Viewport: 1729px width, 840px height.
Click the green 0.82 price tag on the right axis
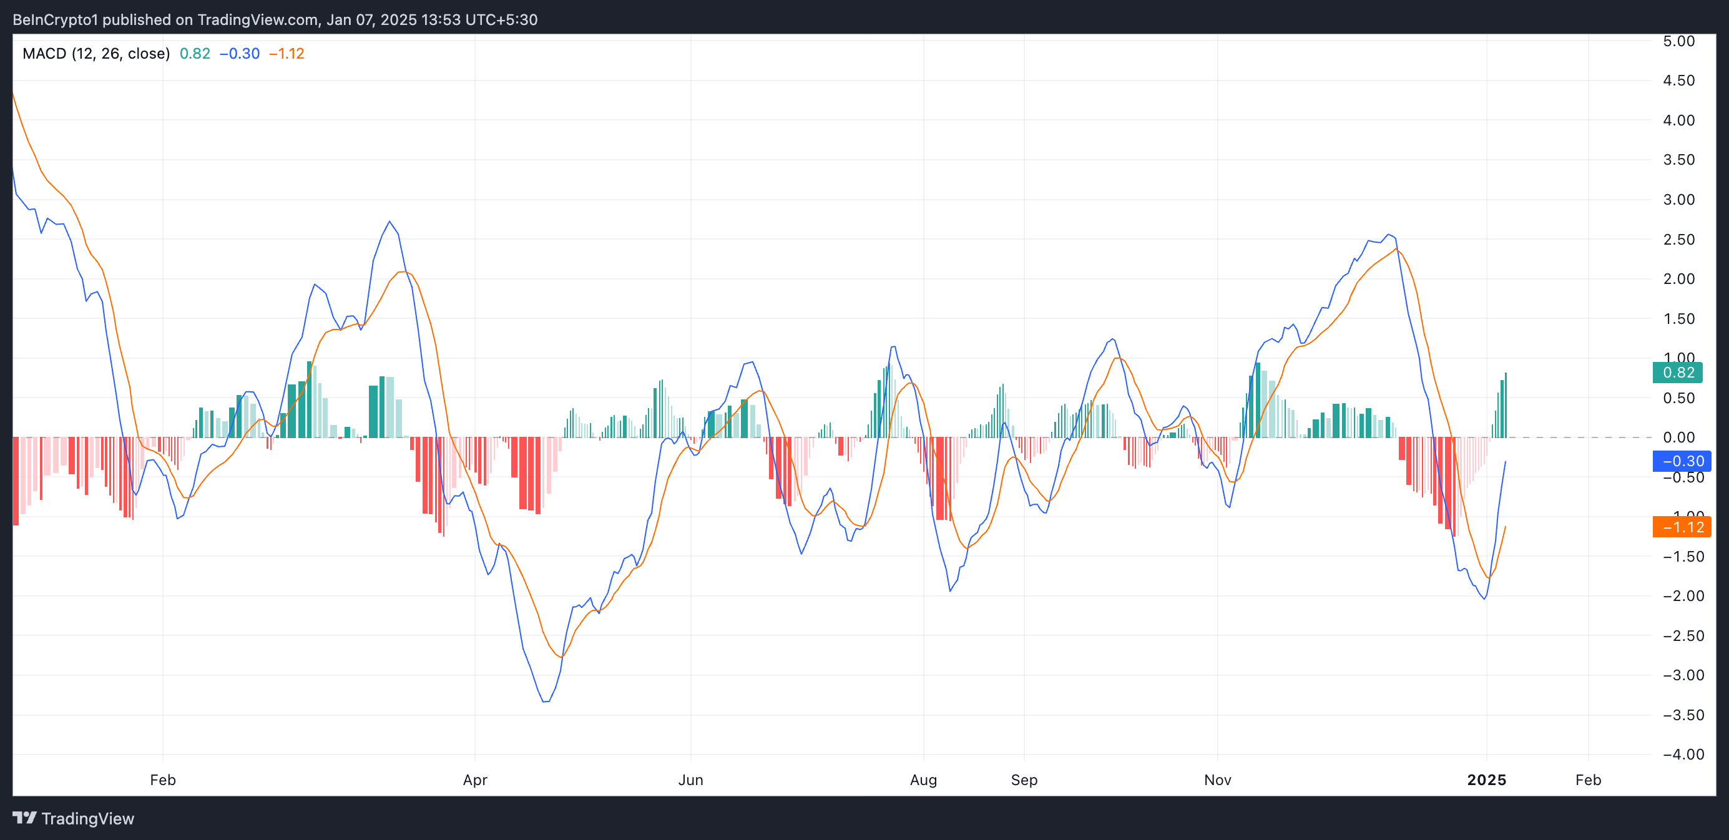point(1677,373)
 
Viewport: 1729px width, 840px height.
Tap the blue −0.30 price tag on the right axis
point(1682,461)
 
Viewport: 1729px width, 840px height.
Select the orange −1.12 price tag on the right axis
point(1682,527)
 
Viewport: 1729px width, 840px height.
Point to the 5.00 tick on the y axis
point(1678,41)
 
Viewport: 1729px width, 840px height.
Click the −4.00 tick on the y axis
point(1683,754)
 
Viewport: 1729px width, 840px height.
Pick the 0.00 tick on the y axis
point(1678,437)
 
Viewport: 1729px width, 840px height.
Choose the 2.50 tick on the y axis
point(1678,240)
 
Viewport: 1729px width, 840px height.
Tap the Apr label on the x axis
point(475,779)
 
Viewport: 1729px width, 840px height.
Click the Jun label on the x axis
point(690,779)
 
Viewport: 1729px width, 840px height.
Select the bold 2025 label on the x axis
point(1487,779)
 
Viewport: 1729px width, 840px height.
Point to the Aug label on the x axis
point(924,779)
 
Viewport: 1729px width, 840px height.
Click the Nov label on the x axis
point(1218,779)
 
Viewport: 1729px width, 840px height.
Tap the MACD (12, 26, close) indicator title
point(96,54)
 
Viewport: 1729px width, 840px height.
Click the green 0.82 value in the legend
point(195,54)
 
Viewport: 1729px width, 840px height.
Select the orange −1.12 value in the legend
point(287,54)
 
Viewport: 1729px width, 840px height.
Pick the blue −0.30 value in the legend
point(240,54)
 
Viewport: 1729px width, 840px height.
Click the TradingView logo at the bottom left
point(74,819)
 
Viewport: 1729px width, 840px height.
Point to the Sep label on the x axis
point(1024,779)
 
